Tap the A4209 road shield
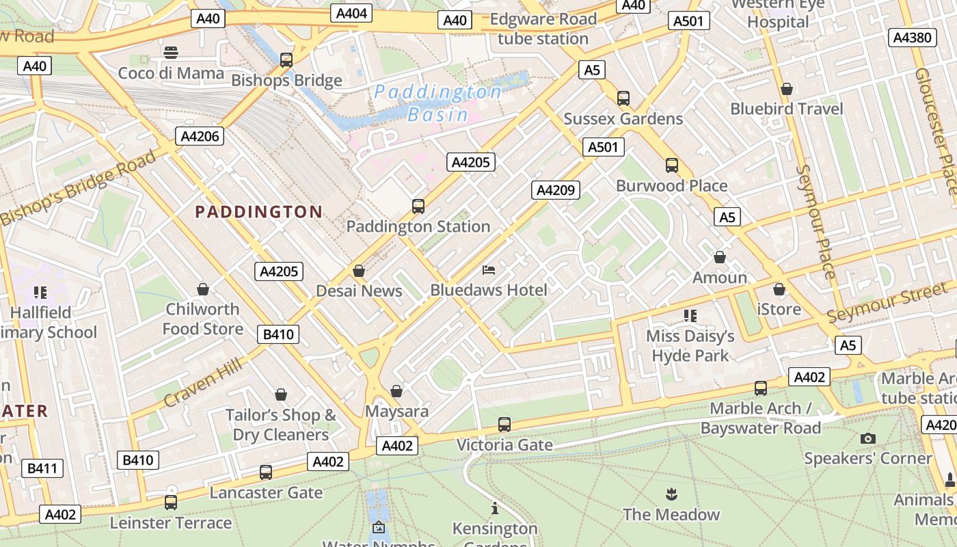coord(556,190)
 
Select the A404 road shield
coord(352,13)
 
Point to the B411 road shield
coord(42,468)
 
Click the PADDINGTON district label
coord(258,212)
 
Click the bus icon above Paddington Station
coord(418,206)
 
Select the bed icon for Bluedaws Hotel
coord(489,270)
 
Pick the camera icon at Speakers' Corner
coord(868,438)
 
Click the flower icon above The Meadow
coord(671,494)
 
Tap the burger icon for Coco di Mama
coord(171,53)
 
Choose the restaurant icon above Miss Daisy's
coord(690,316)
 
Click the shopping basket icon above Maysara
coord(396,391)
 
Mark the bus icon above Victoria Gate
coord(504,425)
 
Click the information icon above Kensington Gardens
coord(495,509)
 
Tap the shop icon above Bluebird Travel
coord(787,89)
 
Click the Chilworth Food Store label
coord(203,319)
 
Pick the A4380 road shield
coord(913,38)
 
